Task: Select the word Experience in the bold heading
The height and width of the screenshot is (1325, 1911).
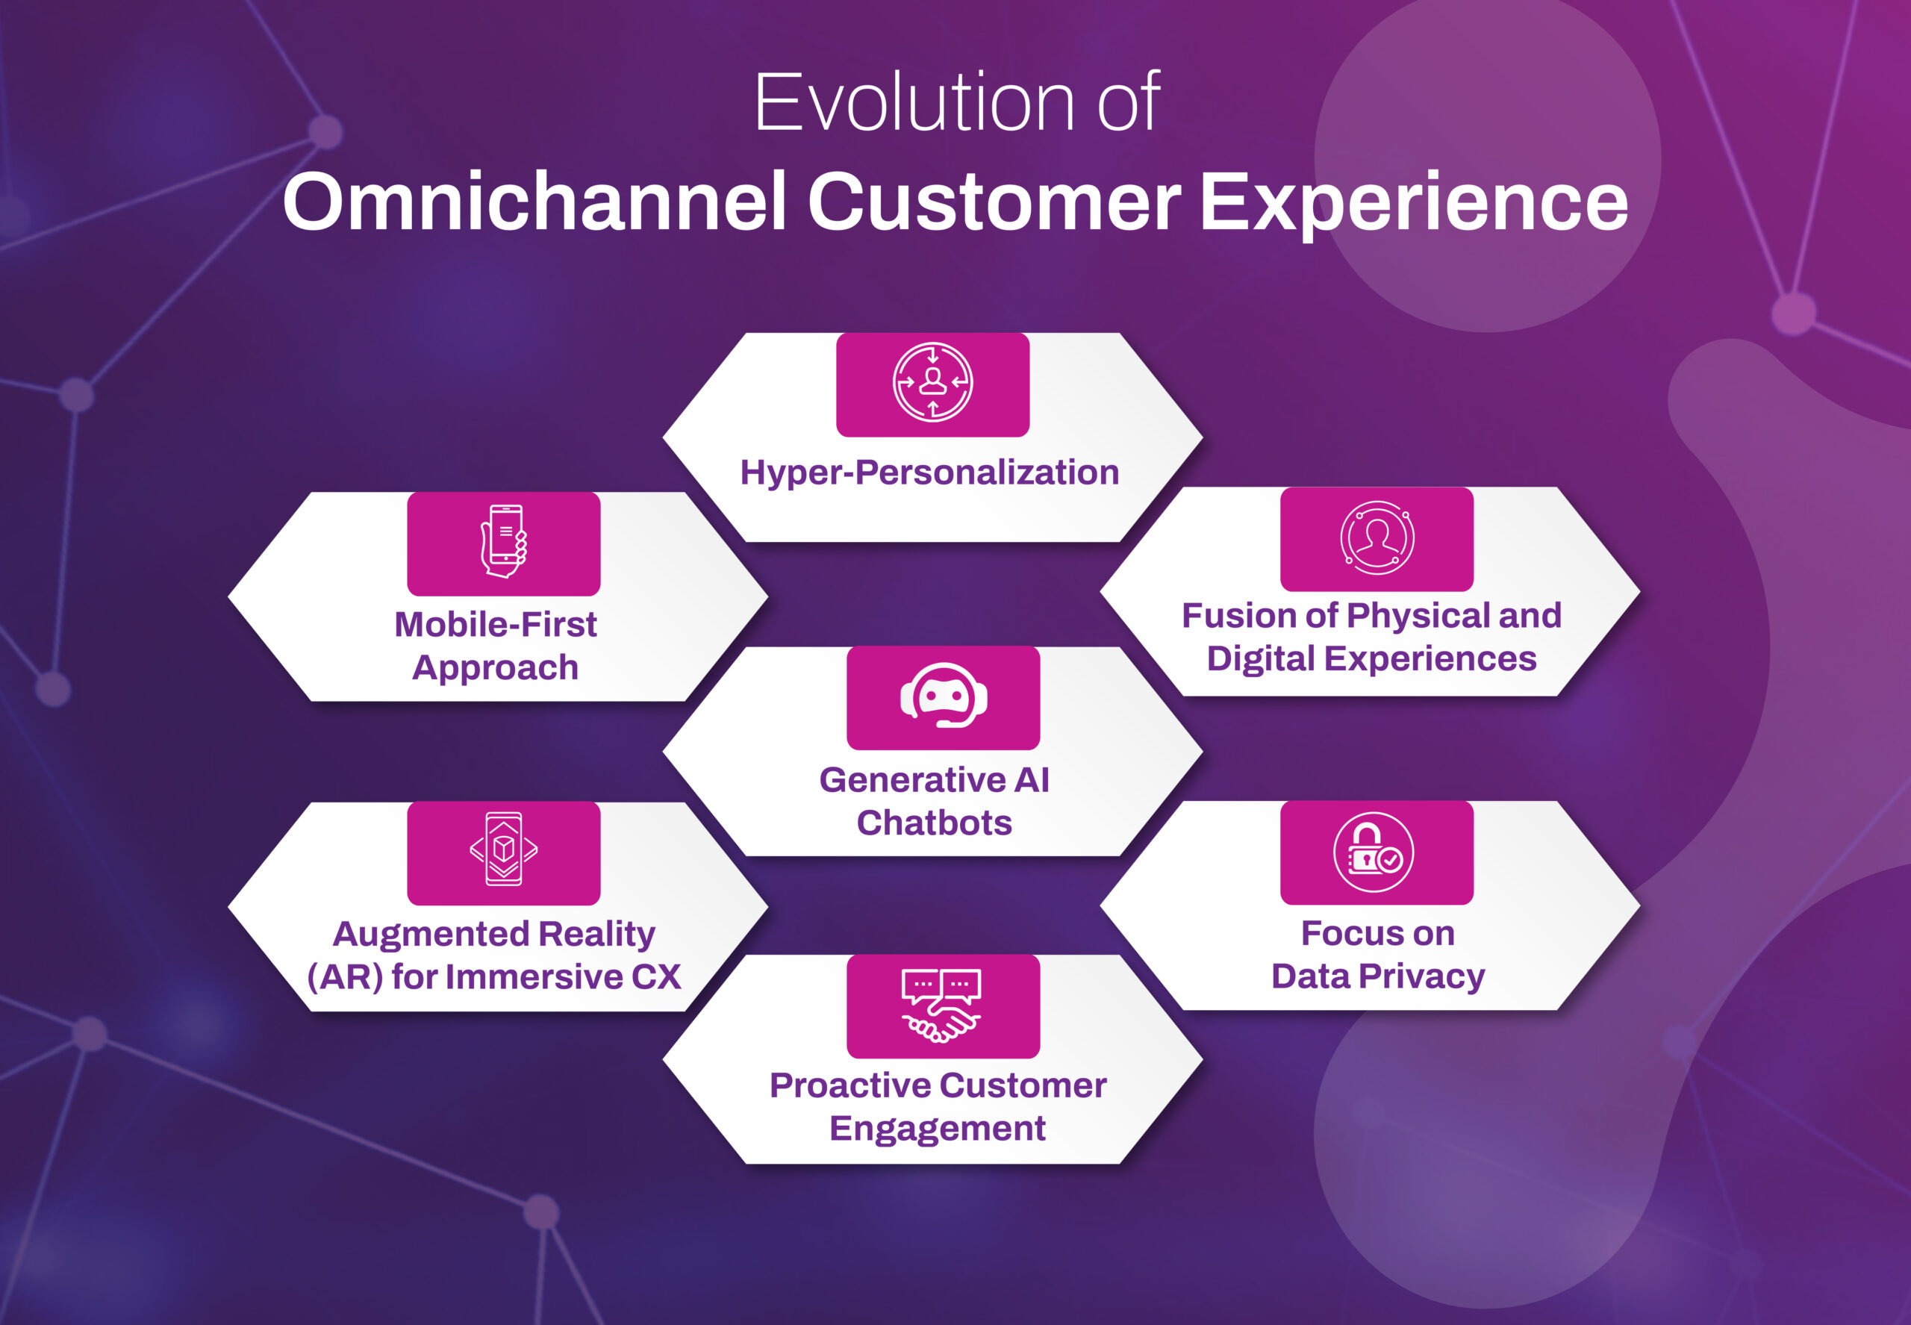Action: coord(1413,202)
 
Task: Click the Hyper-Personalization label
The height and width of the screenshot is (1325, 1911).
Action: coord(930,473)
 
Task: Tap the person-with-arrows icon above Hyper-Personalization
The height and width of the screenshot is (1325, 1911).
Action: coord(932,383)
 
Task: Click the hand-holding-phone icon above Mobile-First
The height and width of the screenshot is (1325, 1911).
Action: coord(504,541)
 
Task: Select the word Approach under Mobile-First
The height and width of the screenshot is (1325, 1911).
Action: coord(496,667)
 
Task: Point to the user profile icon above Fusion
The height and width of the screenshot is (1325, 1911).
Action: coord(1377,537)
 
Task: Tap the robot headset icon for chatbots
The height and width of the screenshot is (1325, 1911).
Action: coord(944,696)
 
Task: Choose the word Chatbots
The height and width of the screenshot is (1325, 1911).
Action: coord(934,823)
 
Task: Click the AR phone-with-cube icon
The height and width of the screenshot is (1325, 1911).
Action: coord(504,849)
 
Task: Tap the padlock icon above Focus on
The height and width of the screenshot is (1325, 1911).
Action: coord(1373,852)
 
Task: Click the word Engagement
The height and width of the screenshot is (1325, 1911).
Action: coord(938,1128)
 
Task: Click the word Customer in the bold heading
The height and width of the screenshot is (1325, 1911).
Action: coord(993,202)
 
